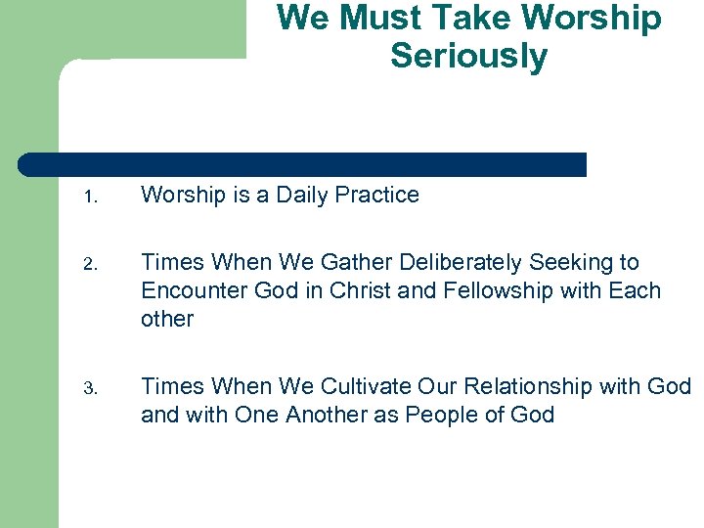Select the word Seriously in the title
coord(468,56)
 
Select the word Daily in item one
coord(302,196)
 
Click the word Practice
coord(376,196)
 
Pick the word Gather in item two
coord(352,263)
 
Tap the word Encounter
coord(186,291)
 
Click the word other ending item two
coord(167,319)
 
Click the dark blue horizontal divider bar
coord(303,164)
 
